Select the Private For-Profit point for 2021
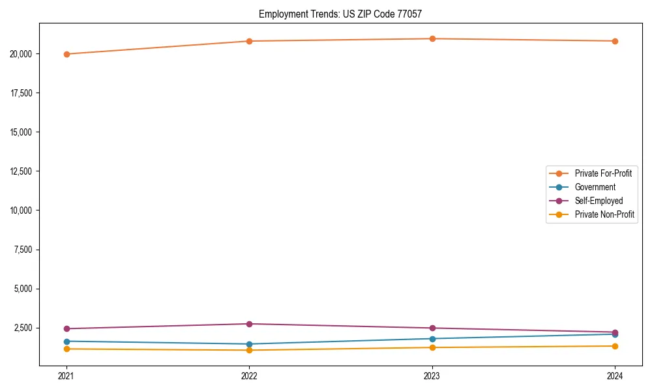click(67, 54)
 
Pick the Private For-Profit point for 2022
click(249, 41)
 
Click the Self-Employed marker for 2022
click(249, 324)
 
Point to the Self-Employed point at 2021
click(67, 328)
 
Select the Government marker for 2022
click(249, 344)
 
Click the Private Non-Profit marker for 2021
click(67, 349)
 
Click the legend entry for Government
click(595, 187)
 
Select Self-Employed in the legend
click(599, 201)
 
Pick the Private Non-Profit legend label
click(604, 214)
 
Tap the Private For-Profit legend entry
click(603, 173)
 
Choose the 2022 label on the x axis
click(249, 375)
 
